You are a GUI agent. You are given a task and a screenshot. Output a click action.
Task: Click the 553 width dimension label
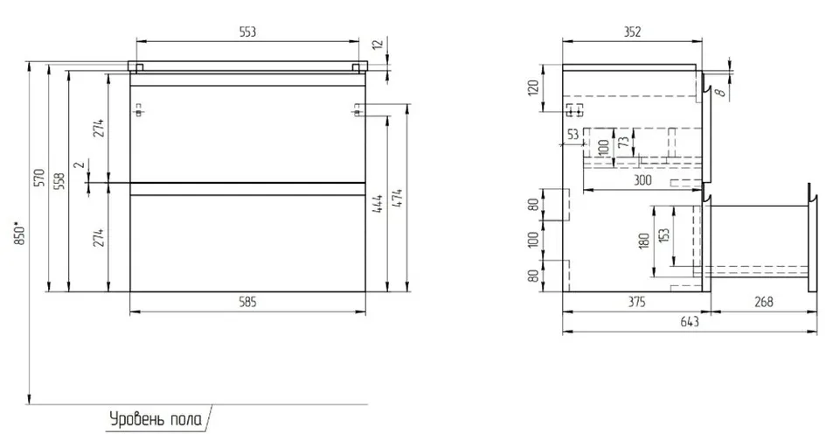coord(247,31)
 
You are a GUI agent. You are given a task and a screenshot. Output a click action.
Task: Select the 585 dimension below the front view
coord(247,302)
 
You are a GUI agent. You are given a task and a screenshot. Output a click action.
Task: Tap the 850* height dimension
coord(19,234)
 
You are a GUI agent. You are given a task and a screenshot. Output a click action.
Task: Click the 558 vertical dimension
coord(60,181)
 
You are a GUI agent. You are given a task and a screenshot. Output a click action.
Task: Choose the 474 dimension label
coord(398,198)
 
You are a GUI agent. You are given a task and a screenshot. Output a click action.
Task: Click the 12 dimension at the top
coord(378,45)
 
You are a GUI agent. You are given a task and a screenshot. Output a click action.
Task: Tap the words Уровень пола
coord(156,420)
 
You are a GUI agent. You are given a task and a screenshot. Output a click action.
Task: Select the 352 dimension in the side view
coord(632,31)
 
